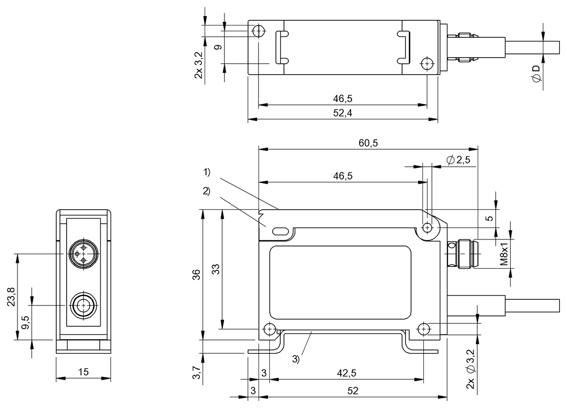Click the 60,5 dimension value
point(369,144)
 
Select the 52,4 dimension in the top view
point(343,113)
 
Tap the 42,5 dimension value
point(346,373)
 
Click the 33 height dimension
point(215,269)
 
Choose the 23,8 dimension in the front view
point(11,297)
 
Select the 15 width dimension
point(83,373)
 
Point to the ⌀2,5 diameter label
point(458,160)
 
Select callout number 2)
point(206,191)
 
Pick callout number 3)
point(296,359)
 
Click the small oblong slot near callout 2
point(279,231)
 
